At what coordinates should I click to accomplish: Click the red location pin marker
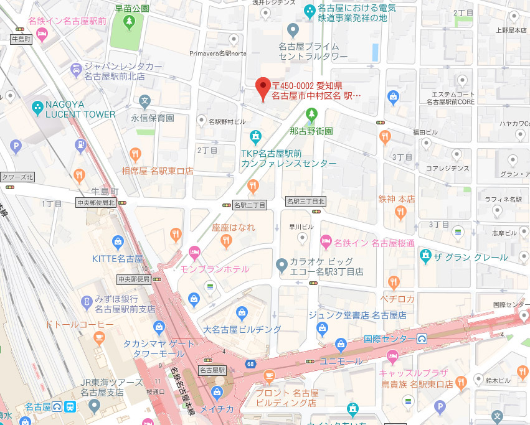pyautogui.click(x=263, y=88)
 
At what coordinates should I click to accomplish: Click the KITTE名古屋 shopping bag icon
pyautogui.click(x=117, y=241)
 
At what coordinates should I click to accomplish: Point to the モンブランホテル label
pyautogui.click(x=214, y=269)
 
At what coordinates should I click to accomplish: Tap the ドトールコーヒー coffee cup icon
pyautogui.click(x=98, y=338)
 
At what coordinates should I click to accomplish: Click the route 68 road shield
pyautogui.click(x=250, y=363)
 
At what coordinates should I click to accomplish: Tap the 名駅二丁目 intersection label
pyautogui.click(x=249, y=205)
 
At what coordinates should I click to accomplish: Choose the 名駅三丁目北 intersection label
pyautogui.click(x=306, y=202)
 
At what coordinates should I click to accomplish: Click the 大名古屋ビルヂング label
pyautogui.click(x=242, y=328)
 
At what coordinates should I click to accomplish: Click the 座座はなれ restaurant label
pyautogui.click(x=234, y=228)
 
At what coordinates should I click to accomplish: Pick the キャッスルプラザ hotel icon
pyautogui.click(x=392, y=357)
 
